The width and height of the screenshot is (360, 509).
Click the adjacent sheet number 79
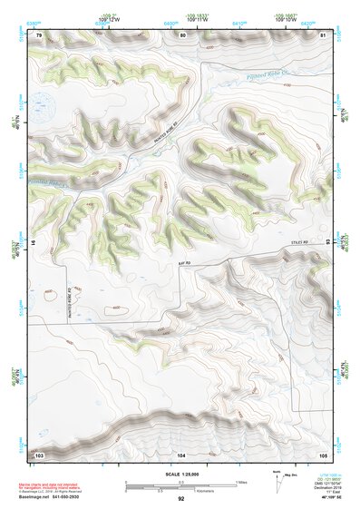click(39, 34)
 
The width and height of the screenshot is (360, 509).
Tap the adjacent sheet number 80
click(182, 34)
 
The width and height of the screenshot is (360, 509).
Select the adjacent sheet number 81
click(323, 34)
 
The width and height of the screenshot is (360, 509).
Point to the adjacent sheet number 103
click(39, 453)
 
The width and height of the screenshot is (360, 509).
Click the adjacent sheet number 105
click(323, 453)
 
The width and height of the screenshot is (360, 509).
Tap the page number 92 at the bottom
click(181, 498)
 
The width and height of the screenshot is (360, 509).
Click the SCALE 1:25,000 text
click(181, 475)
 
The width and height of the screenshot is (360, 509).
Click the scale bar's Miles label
click(242, 481)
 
